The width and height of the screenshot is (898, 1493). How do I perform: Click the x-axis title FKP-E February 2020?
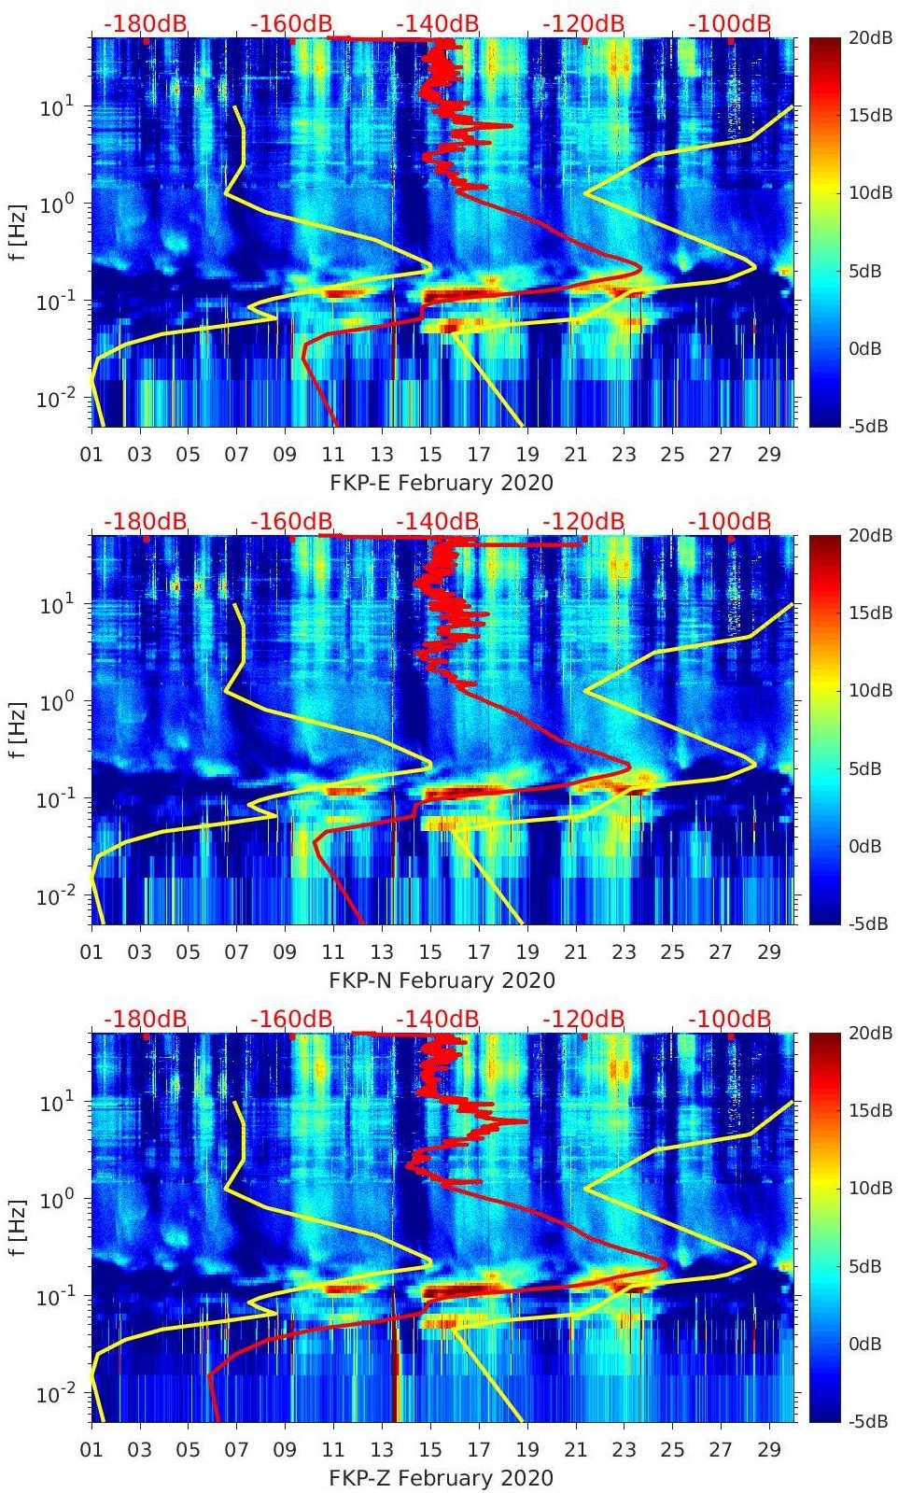[x=442, y=483]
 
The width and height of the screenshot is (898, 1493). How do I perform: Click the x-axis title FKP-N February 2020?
[x=442, y=980]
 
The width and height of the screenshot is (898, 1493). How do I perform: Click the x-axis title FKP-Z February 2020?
[x=442, y=1478]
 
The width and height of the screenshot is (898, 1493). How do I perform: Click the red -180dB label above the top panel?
[x=145, y=23]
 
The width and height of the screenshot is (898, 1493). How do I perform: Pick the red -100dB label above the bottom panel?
[x=729, y=1019]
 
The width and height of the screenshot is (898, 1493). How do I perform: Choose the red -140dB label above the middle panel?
[x=437, y=521]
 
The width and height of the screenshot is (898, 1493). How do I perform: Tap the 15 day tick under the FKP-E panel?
[x=430, y=455]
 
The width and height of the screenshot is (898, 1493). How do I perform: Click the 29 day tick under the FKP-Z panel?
[x=769, y=1450]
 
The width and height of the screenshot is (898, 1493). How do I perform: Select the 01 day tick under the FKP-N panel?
[x=91, y=952]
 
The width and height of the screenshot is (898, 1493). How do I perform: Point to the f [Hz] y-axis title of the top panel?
[x=19, y=232]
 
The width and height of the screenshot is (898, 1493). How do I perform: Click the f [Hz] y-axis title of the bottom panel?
[x=19, y=1227]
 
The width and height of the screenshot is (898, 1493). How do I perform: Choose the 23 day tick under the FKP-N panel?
[x=624, y=952]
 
